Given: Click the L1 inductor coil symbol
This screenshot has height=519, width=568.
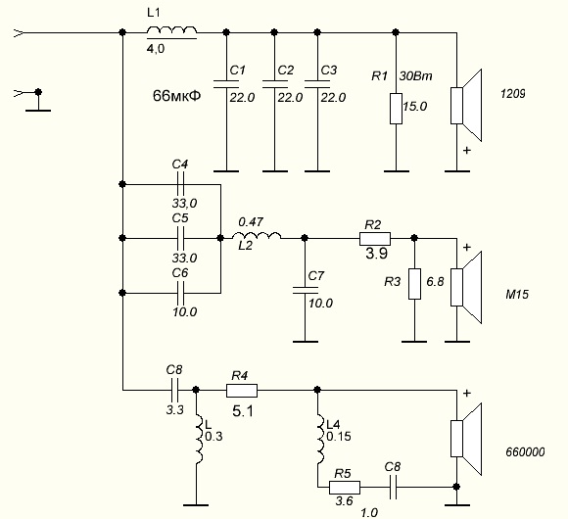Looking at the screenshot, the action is (171, 31).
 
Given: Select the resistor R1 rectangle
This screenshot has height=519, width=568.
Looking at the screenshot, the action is (396, 109).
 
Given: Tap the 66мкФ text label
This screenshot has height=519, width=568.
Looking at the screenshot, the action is (177, 96).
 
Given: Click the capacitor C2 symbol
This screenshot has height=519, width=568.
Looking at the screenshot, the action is (274, 84).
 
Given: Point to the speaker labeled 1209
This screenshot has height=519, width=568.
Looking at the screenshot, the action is (466, 106).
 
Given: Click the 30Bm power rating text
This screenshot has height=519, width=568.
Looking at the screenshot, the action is (415, 76).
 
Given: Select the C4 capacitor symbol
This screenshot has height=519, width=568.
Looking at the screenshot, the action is (181, 184).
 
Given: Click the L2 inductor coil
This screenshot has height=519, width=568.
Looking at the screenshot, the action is (257, 236).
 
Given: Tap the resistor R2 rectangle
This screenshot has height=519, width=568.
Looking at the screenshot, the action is (375, 239).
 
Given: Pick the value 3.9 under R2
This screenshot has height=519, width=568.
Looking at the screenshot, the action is (376, 254).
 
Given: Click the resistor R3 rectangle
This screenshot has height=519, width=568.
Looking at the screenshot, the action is (415, 284).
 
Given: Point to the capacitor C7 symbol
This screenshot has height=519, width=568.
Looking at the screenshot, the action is (305, 290).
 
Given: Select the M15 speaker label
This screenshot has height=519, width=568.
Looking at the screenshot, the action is (517, 294).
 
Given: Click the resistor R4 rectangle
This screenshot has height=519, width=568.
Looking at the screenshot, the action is (242, 391).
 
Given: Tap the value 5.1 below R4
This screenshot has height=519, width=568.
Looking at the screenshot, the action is (243, 411).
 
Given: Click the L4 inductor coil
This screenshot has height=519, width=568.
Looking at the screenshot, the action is (319, 440).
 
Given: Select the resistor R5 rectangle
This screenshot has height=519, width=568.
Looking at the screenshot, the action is (345, 488).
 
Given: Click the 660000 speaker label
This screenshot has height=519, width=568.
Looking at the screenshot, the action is (525, 452).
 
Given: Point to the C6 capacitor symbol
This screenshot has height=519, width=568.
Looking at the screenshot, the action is (181, 293).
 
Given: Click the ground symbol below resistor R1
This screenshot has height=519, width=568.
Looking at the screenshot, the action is (397, 171).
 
